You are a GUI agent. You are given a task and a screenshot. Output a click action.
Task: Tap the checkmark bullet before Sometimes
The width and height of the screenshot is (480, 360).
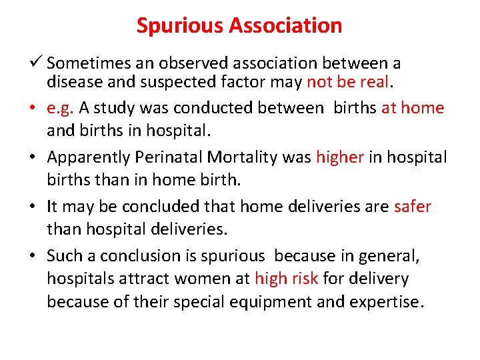click(37, 63)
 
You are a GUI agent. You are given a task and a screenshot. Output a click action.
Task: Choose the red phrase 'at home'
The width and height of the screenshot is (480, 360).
click(412, 108)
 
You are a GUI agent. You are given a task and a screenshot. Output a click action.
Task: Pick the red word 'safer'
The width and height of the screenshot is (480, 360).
click(413, 207)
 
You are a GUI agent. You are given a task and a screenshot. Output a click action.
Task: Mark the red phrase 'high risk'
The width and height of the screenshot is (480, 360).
click(285, 279)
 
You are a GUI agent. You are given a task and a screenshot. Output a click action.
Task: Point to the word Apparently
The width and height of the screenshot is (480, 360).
click(90, 157)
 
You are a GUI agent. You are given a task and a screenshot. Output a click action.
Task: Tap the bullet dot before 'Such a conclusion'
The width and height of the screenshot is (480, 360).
click(37, 256)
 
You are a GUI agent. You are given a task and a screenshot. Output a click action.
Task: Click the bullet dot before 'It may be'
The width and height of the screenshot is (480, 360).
click(37, 207)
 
